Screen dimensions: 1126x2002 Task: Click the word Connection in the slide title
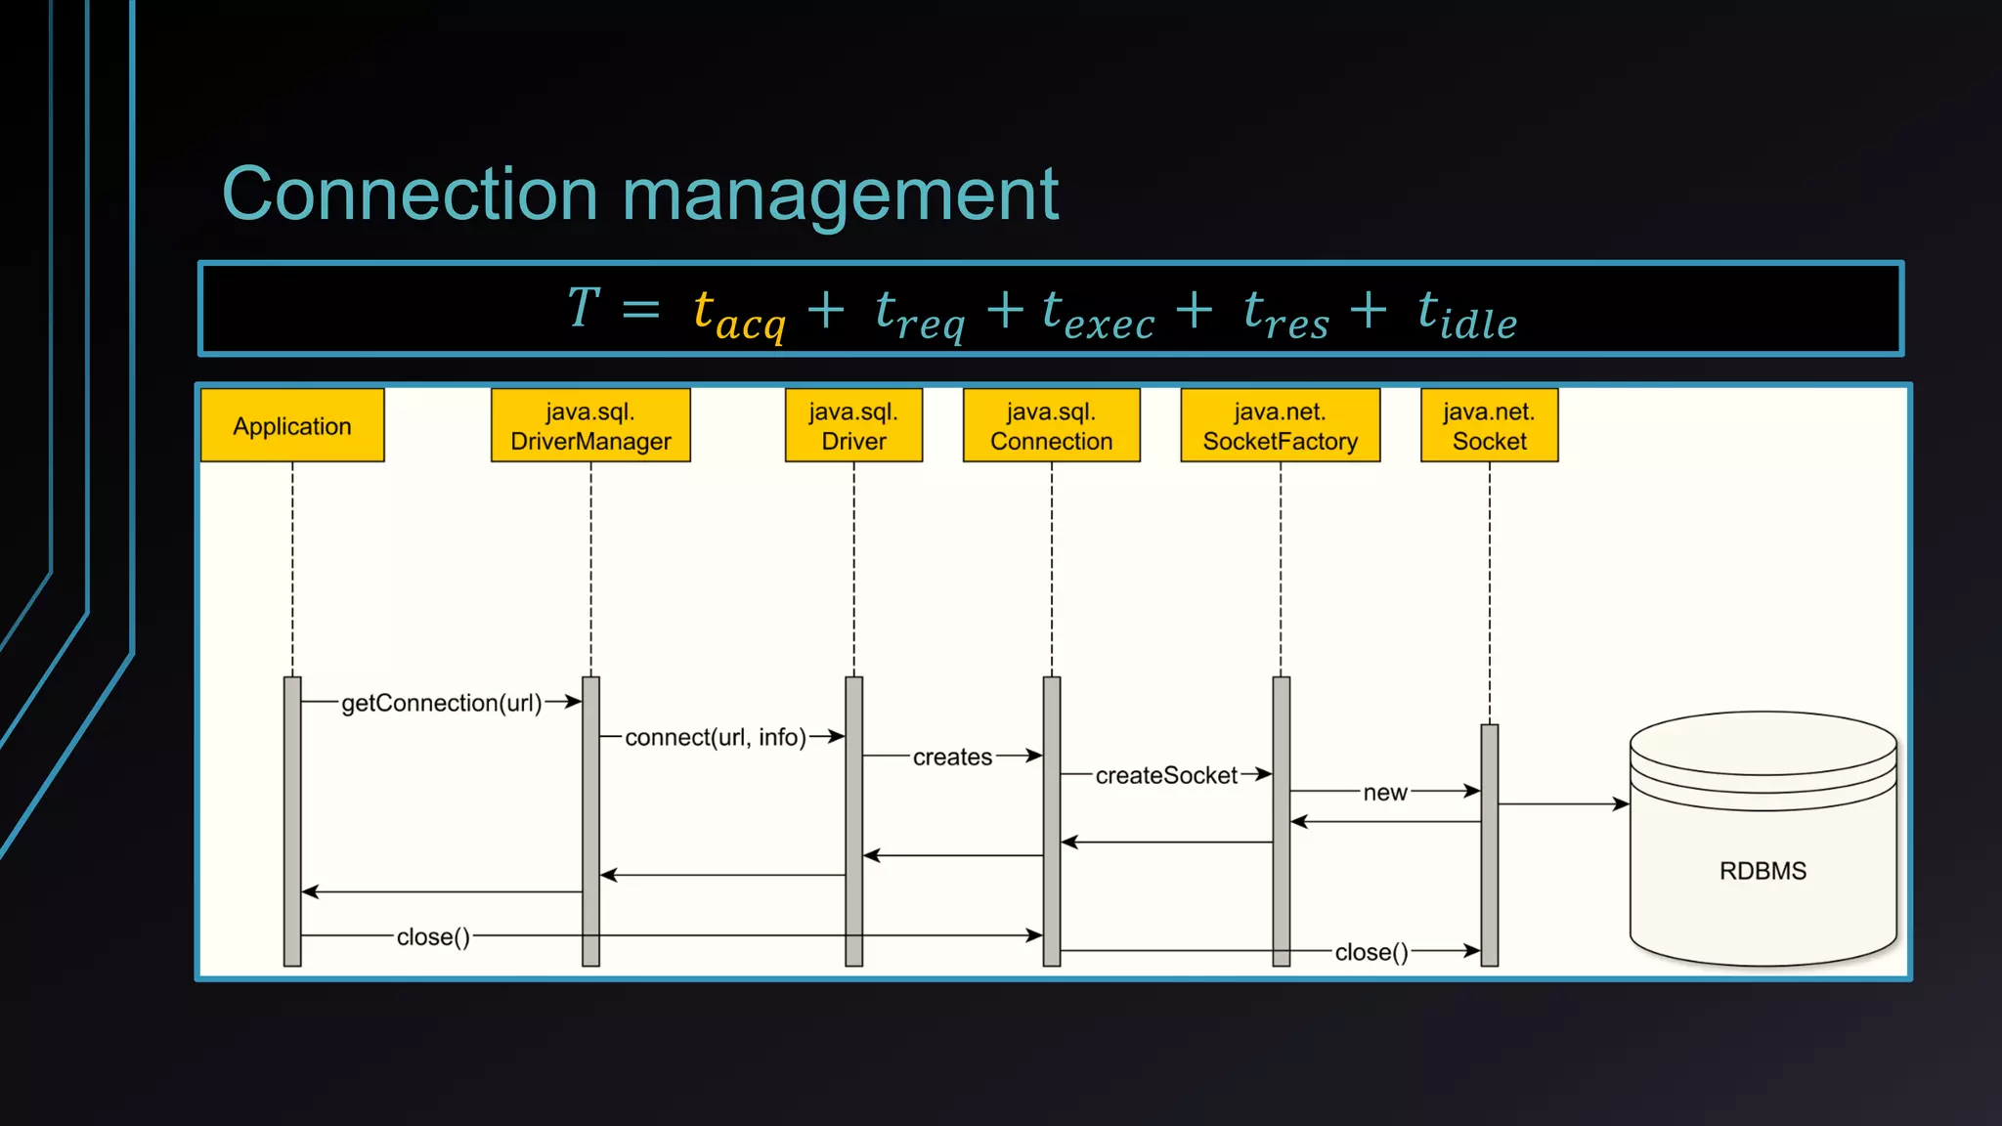pos(410,195)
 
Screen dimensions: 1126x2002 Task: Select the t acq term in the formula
pos(738,314)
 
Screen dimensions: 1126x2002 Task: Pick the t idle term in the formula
pos(1466,314)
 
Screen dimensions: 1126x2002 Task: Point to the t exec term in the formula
pos(1098,314)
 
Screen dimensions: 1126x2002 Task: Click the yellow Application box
pos(292,426)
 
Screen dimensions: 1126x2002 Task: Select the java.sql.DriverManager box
pos(590,426)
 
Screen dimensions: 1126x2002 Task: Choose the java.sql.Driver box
pos(853,426)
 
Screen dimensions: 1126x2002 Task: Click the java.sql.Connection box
pos(1051,426)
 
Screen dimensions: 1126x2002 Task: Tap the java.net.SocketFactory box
pos(1280,426)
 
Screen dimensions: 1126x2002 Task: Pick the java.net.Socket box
pos(1489,426)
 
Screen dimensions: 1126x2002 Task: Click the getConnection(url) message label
pos(441,703)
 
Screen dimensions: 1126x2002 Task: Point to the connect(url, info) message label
pos(716,737)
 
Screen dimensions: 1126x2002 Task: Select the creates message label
pos(952,757)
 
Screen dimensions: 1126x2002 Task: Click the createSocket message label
pos(1166,775)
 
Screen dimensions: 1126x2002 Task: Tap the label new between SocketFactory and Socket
pos(1385,793)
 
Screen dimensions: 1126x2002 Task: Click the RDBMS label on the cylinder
pos(1763,871)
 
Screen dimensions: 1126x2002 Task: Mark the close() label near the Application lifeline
pos(433,936)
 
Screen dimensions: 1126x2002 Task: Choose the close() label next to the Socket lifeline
pos(1371,952)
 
